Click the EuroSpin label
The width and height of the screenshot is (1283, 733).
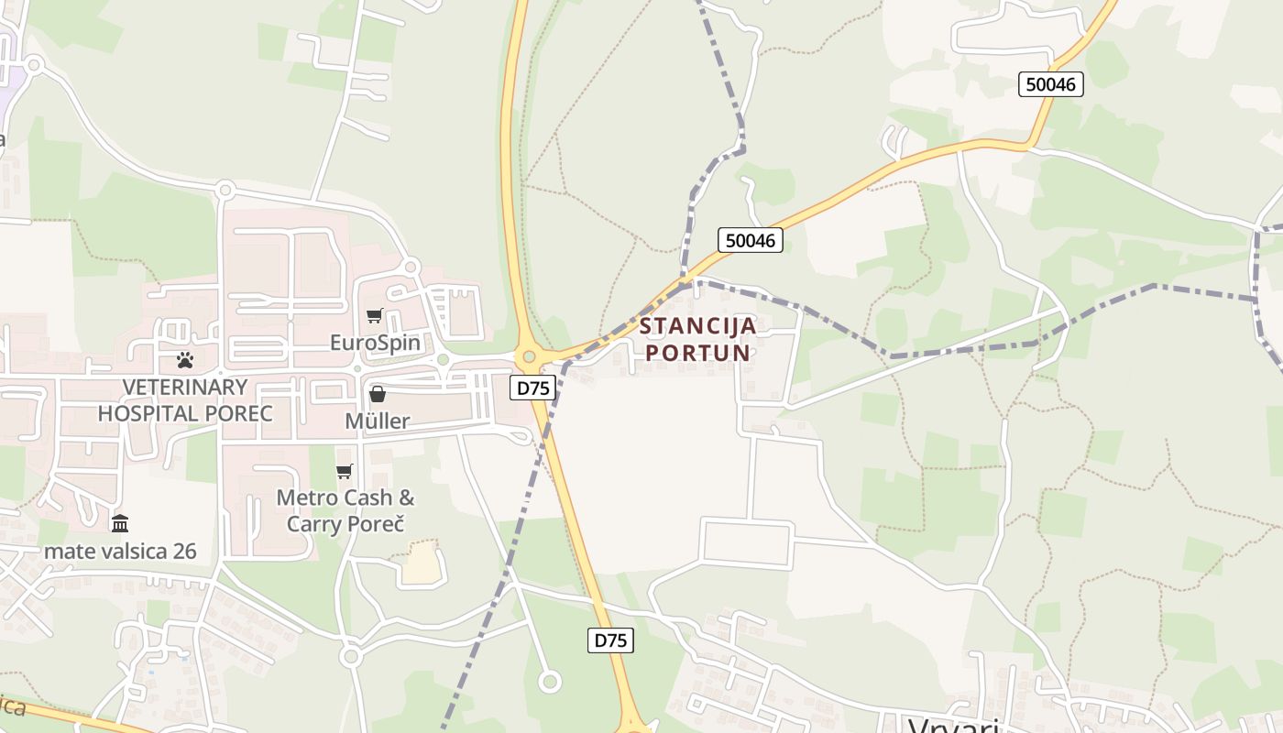(375, 344)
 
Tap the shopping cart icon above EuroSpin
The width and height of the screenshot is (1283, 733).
(374, 316)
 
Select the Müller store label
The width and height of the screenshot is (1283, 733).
(377, 421)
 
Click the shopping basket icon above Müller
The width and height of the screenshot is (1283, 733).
(377, 394)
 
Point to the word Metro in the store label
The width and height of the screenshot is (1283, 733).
(308, 498)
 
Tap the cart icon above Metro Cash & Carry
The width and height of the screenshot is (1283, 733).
(345, 472)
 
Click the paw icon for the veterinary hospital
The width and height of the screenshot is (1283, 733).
(185, 360)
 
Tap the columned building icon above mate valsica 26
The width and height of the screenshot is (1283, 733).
(120, 524)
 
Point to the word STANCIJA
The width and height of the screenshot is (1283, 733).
(698, 326)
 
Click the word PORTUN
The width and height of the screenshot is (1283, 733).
(698, 353)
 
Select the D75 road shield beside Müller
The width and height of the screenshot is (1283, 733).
(532, 388)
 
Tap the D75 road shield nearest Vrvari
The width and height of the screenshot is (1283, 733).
(610, 640)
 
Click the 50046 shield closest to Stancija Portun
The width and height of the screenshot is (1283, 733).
(750, 240)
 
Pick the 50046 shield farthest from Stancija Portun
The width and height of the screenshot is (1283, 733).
(1051, 84)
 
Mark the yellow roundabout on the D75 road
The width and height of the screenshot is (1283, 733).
(529, 356)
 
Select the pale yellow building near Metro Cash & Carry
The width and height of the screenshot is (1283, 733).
(422, 563)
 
